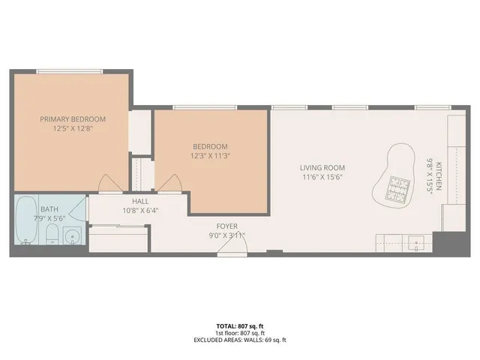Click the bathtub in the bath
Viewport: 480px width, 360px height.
point(25,221)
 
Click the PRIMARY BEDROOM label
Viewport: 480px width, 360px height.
point(73,119)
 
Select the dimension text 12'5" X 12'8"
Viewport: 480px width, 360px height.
point(73,128)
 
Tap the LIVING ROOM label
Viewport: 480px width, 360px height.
point(322,168)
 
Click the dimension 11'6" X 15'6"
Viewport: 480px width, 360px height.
point(322,177)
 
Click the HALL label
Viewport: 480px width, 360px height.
point(140,201)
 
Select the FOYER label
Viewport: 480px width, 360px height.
point(226,226)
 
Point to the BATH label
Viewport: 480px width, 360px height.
point(49,209)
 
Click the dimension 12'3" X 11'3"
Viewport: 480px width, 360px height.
point(209,155)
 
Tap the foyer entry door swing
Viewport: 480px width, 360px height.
point(227,248)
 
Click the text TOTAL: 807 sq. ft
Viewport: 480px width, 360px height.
point(239,326)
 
